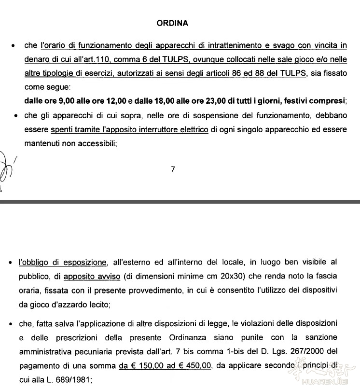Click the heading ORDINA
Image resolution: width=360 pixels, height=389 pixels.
pos(172,23)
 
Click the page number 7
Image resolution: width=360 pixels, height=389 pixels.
pos(173,169)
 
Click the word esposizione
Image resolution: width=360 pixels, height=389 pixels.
pos(85,263)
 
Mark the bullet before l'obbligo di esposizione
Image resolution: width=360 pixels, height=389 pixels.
pos(11,263)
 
